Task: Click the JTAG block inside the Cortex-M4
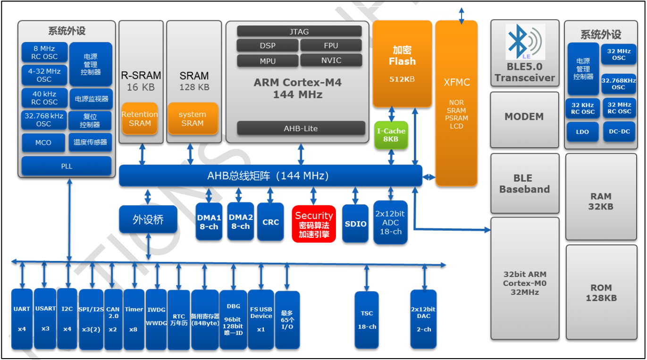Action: pyautogui.click(x=299, y=32)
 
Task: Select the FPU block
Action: pyautogui.click(x=331, y=46)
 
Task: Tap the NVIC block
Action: pyautogui.click(x=331, y=60)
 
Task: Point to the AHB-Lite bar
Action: pyautogui.click(x=301, y=128)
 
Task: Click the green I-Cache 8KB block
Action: pyautogui.click(x=391, y=135)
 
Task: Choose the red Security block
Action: pyautogui.click(x=314, y=224)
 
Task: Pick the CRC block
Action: pyautogui.click(x=270, y=222)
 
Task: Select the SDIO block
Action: pyautogui.click(x=355, y=224)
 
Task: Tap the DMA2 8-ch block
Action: pyautogui.click(x=241, y=221)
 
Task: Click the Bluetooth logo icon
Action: pyautogui.click(x=525, y=42)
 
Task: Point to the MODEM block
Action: pyautogui.click(x=524, y=117)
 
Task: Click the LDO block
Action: pyautogui.click(x=582, y=132)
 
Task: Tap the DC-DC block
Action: pyautogui.click(x=619, y=132)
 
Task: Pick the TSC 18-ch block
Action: pyautogui.click(x=367, y=319)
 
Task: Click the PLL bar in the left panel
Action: pyautogui.click(x=67, y=166)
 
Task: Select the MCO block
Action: pyautogui.click(x=43, y=142)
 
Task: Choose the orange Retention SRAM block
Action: pyautogui.click(x=140, y=118)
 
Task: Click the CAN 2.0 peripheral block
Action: pyautogui.click(x=113, y=319)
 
